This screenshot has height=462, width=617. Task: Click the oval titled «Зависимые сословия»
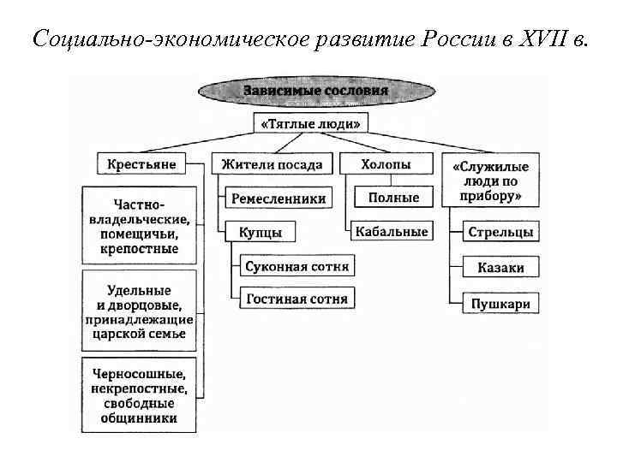point(314,90)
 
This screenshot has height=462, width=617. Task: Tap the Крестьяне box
point(142,163)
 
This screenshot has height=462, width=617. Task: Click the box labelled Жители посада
point(272,163)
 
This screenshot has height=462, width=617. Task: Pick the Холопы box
point(386,163)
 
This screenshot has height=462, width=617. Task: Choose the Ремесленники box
point(279,198)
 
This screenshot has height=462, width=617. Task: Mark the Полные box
point(393,198)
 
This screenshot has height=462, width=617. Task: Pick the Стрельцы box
point(501,232)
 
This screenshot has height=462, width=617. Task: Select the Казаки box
point(501,268)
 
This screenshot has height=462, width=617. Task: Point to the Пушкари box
point(501,303)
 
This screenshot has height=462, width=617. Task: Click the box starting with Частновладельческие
point(139,225)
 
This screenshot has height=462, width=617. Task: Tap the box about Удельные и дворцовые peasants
point(139,311)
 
